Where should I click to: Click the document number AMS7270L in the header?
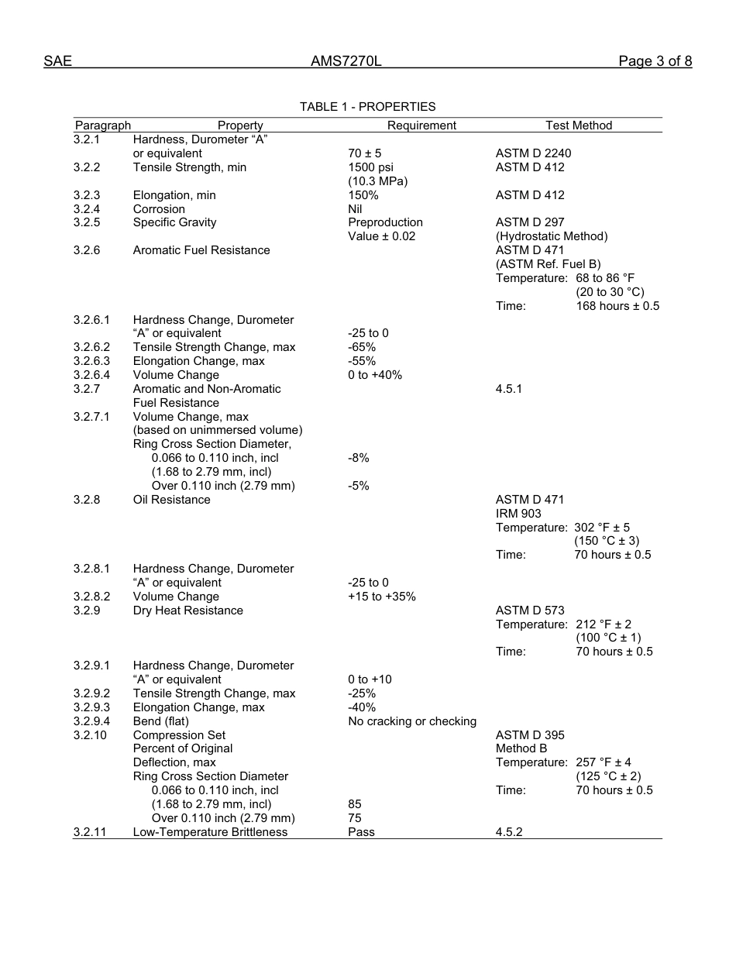(346, 61)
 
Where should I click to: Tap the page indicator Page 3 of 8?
(655, 61)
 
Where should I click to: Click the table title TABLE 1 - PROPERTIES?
(367, 107)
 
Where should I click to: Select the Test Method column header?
(579, 126)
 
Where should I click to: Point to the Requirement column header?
(421, 126)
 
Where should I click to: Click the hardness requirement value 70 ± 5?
(365, 153)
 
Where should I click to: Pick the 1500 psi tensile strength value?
(371, 167)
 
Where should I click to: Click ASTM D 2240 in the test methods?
(533, 153)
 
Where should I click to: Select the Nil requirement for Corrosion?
(356, 209)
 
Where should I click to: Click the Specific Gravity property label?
(174, 222)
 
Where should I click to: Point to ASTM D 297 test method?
(530, 222)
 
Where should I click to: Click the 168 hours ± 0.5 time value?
(617, 306)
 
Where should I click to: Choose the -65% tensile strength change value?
(362, 347)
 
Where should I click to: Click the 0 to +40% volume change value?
(375, 375)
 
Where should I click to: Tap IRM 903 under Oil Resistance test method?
(518, 514)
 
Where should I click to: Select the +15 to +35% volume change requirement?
(382, 597)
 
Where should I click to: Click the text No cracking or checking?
(412, 721)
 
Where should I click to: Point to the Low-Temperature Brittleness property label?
(210, 832)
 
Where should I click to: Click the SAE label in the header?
(57, 61)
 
